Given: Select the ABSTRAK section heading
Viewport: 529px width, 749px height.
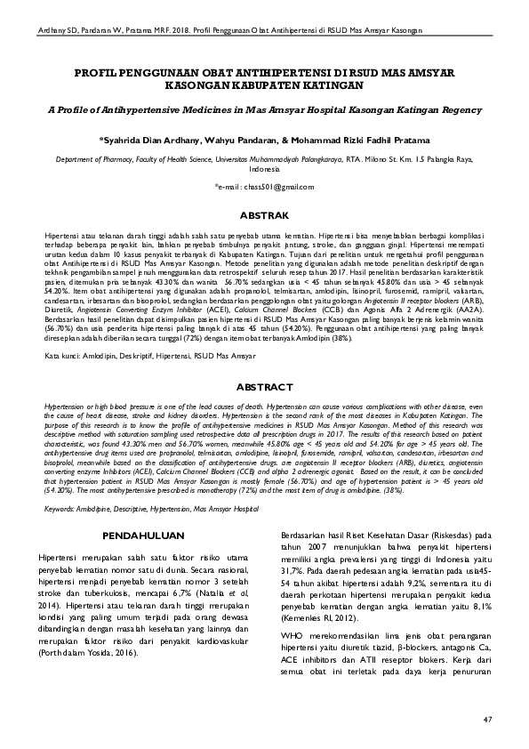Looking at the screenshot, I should point(264,216).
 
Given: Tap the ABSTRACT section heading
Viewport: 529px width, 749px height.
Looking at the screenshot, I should point(264,388).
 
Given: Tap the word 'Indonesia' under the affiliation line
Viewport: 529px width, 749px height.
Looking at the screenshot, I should point(264,168).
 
